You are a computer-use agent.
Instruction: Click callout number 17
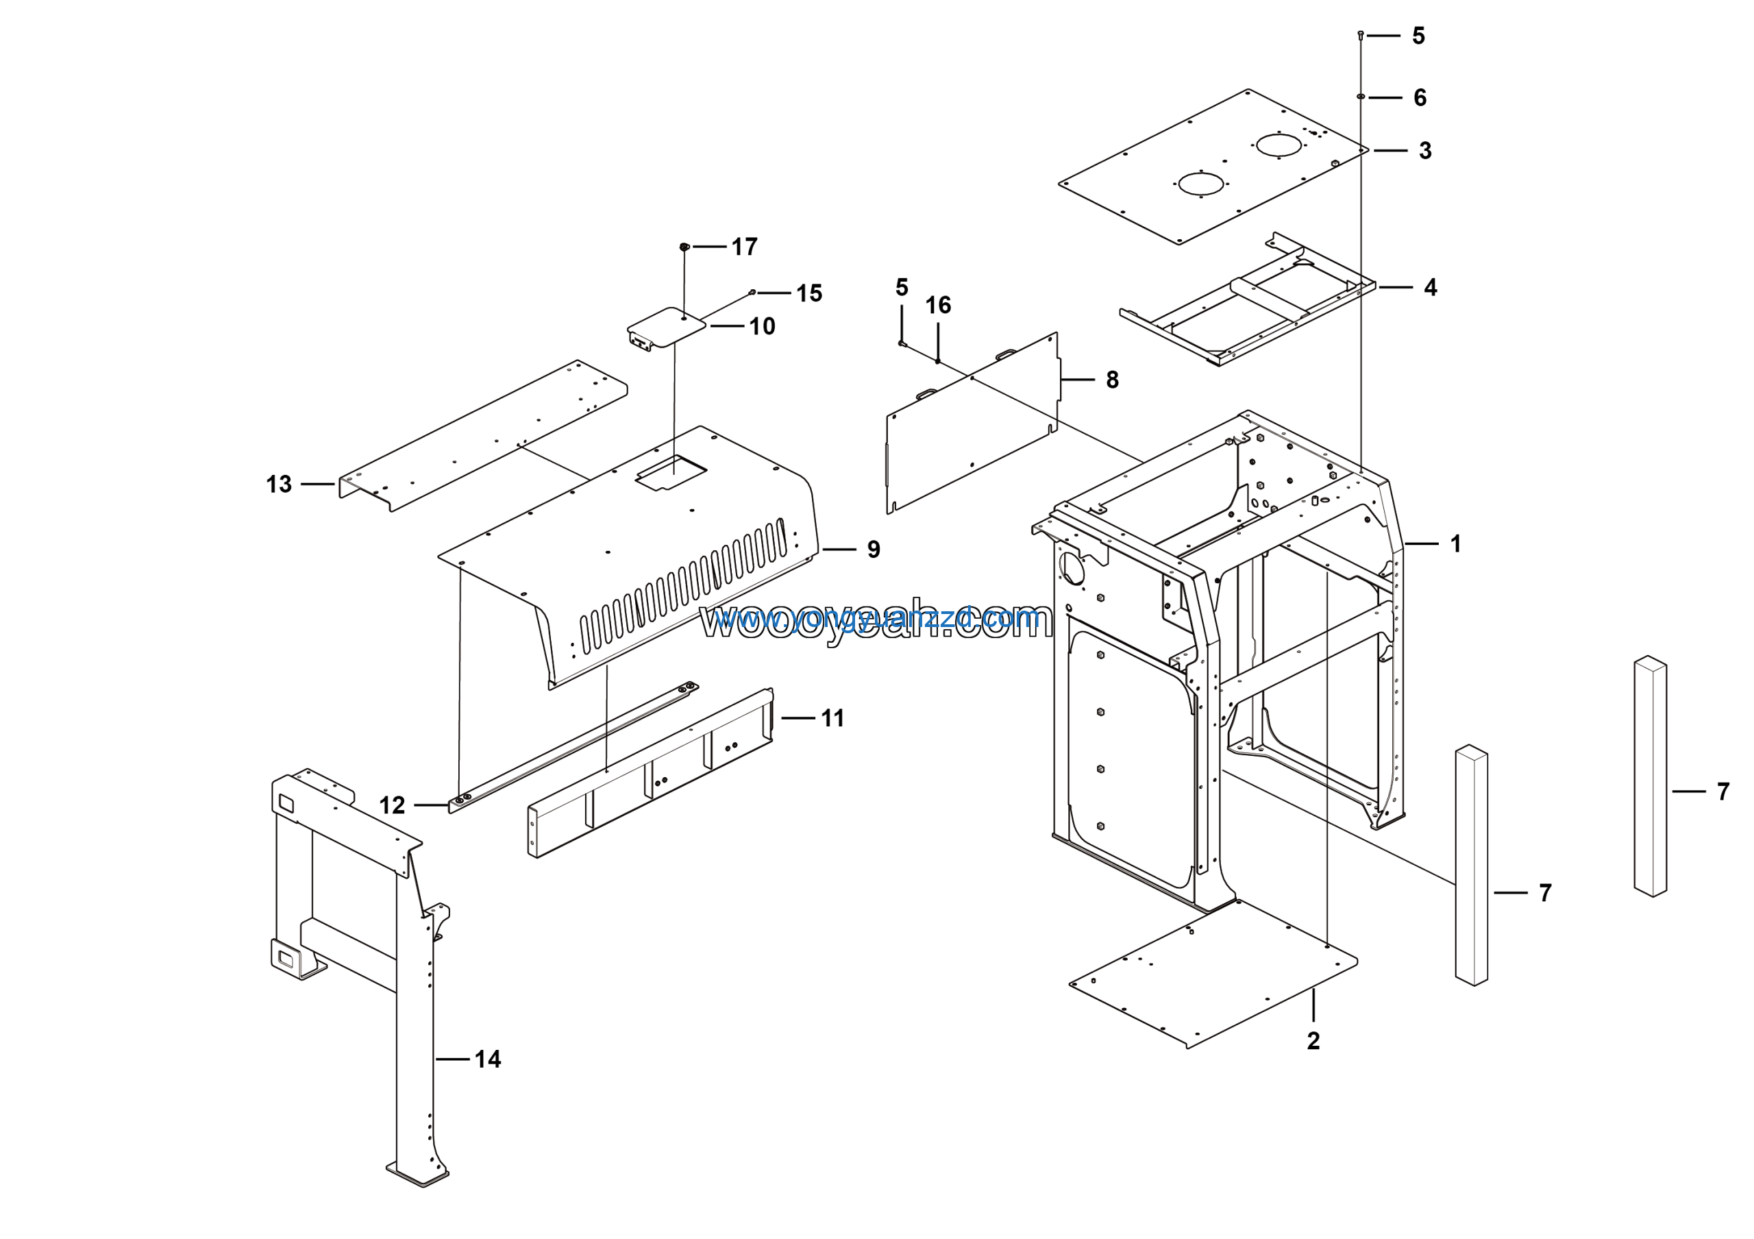pos(744,247)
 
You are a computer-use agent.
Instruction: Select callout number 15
pos(809,293)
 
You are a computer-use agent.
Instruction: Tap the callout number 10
pos(762,326)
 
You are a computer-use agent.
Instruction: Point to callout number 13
pos(279,484)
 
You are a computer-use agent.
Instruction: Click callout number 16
pos(938,306)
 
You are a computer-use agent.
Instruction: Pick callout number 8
pos(1112,380)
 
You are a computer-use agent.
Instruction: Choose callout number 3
pos(1424,151)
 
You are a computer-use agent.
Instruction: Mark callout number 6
pos(1420,98)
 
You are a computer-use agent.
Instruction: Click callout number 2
pos(1313,1040)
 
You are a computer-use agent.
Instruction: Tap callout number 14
pos(487,1059)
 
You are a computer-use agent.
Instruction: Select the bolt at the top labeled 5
pos(1361,35)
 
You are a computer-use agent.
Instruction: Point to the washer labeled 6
pos(1361,96)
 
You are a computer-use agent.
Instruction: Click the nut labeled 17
pos(684,247)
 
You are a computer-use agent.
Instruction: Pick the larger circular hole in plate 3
pos(1279,145)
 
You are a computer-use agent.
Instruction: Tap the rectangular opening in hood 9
pos(671,474)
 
